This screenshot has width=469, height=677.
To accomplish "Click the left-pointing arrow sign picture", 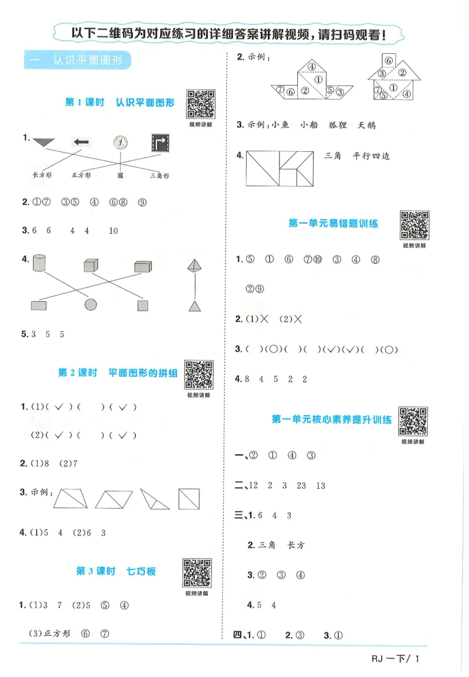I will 81,142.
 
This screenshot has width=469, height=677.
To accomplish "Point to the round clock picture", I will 121,142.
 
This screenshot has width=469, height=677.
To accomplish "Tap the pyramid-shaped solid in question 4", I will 194,267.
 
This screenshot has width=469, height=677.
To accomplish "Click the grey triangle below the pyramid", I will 195,305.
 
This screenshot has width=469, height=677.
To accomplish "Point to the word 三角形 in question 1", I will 159,175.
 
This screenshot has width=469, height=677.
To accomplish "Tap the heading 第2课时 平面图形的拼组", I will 118,373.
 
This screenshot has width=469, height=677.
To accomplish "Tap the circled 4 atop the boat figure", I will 312,66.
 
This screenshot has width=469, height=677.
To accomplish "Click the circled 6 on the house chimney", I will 386,59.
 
